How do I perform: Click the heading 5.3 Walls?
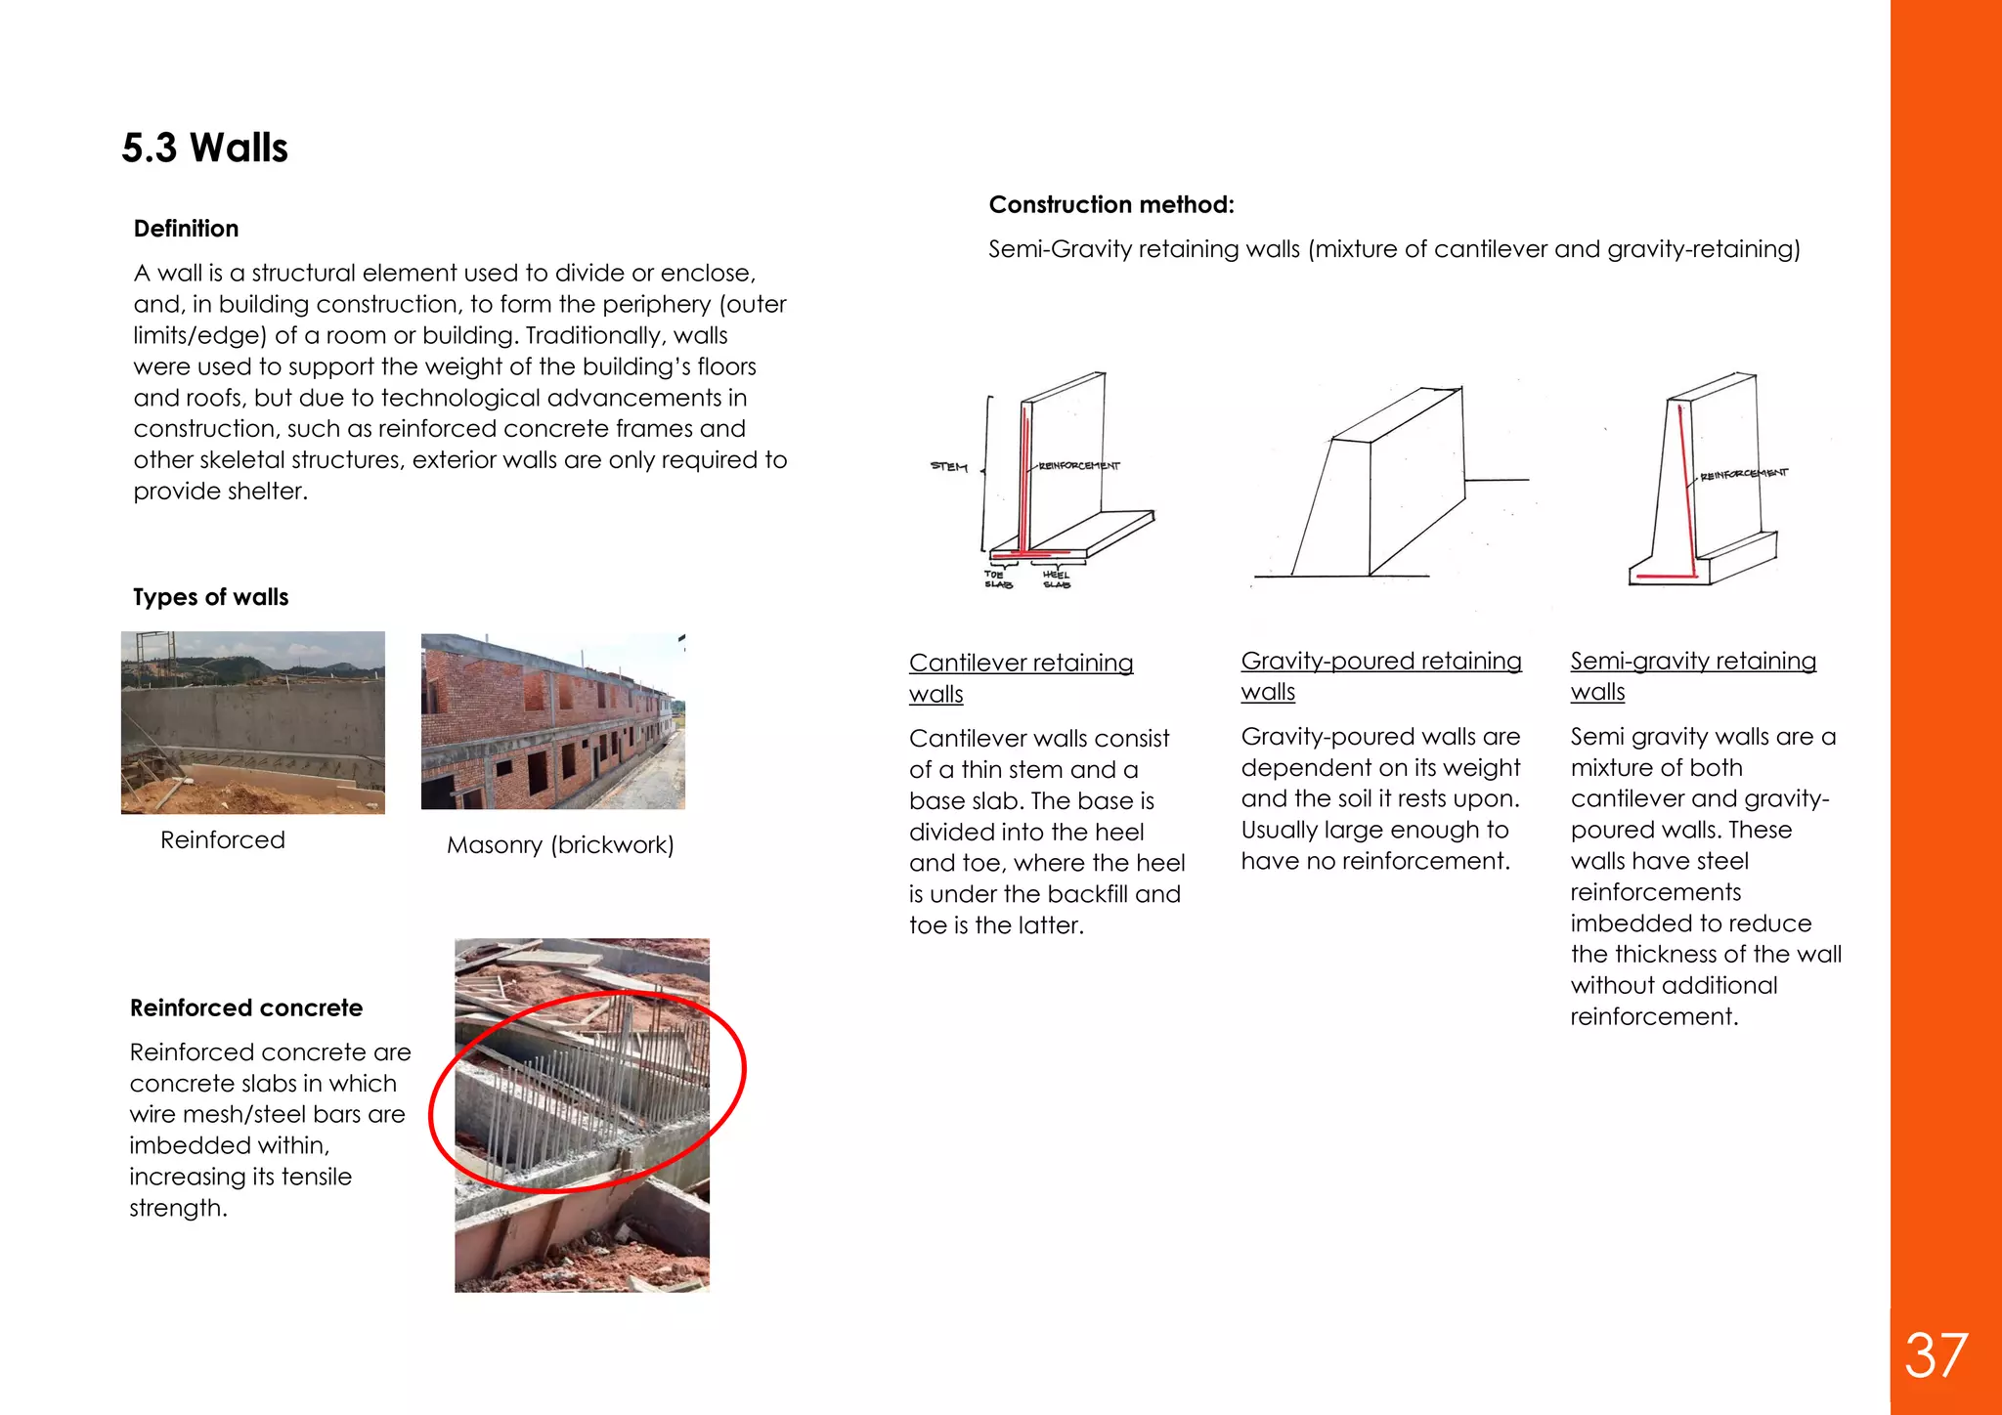point(205,148)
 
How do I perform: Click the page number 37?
point(1936,1355)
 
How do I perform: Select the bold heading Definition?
point(187,229)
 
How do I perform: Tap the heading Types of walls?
point(211,597)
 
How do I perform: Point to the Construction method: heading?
point(1112,205)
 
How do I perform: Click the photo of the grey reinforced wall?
point(253,722)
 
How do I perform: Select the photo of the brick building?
point(553,721)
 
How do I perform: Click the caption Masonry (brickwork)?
point(561,845)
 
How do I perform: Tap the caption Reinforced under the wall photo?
point(223,839)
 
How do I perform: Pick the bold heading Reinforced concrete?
point(246,1008)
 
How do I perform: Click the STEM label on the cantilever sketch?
point(948,466)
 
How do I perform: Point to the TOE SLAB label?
point(997,579)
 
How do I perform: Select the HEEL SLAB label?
point(1057,579)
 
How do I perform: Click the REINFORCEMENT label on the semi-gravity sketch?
point(1744,474)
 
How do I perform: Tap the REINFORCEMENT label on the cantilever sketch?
point(1079,466)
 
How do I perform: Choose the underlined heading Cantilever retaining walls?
point(1022,678)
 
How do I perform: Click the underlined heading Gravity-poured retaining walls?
point(1381,676)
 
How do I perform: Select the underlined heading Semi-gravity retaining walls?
point(1693,676)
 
